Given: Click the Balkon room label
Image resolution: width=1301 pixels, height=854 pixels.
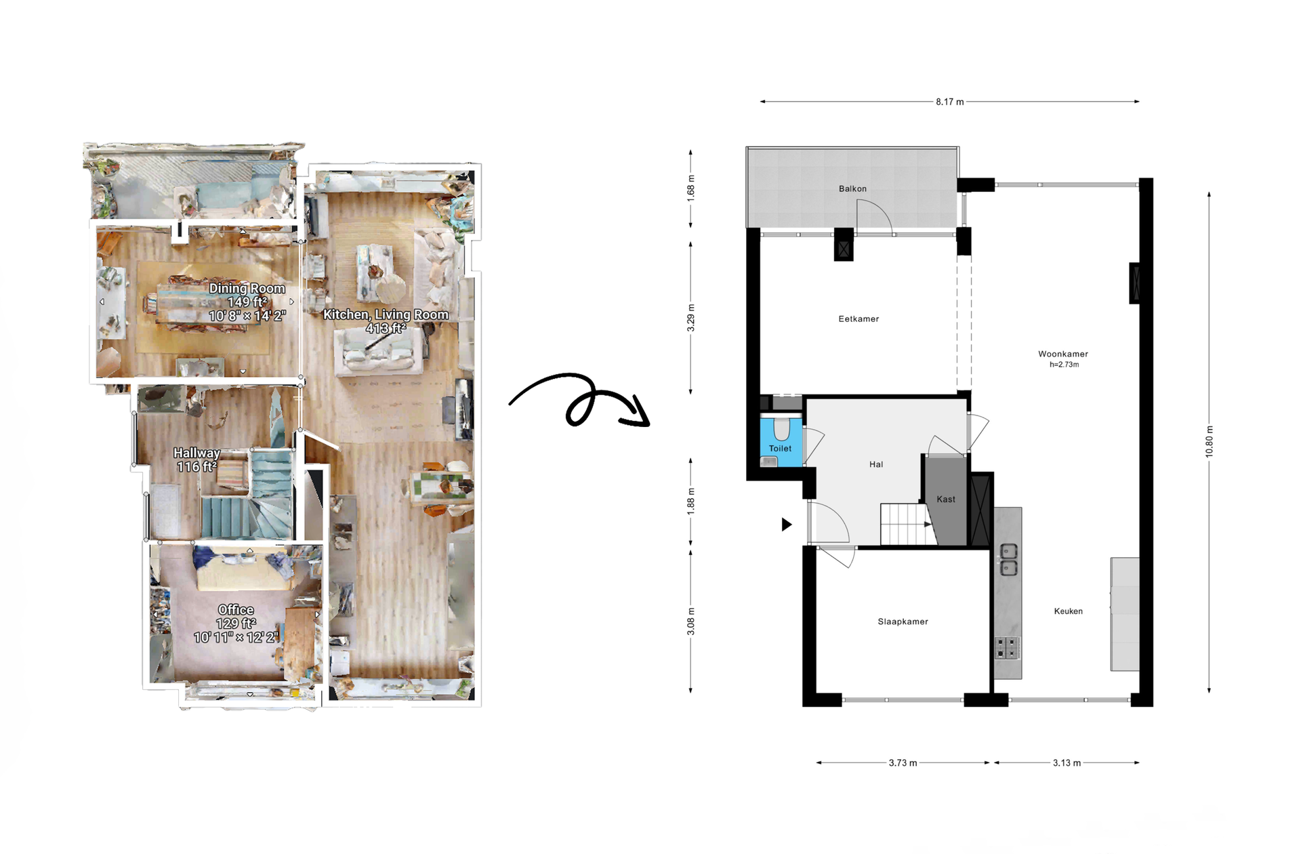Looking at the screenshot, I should [x=852, y=188].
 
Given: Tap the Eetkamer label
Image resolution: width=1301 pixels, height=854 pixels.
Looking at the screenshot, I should [x=859, y=319].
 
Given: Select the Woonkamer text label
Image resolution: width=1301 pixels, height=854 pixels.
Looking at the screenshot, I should [x=1062, y=354].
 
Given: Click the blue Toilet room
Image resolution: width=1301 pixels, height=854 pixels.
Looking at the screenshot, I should [x=781, y=444].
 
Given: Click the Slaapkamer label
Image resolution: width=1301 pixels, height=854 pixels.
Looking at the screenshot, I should [x=903, y=622].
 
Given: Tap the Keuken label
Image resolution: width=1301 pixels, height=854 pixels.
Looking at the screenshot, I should [x=1068, y=611].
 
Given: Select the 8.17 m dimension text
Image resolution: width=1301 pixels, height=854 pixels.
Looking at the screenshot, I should [x=949, y=102].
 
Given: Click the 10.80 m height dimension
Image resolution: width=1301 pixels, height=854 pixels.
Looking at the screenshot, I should [x=1209, y=442].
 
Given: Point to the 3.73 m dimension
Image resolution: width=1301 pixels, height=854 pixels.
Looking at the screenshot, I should [x=903, y=763].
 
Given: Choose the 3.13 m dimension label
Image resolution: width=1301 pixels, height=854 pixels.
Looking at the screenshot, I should [x=1067, y=763].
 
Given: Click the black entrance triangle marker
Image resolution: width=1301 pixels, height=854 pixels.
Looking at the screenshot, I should [x=786, y=524].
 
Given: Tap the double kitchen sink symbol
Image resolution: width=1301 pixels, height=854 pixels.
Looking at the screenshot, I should [x=1008, y=560].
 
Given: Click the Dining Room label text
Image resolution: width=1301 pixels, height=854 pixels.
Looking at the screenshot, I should [x=247, y=289].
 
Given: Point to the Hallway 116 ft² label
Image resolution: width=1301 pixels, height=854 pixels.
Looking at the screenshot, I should [x=197, y=460].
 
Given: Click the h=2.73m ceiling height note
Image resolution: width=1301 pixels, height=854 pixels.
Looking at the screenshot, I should [x=1064, y=365].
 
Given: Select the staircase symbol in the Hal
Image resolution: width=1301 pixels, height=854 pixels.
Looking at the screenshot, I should [x=905, y=524].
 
